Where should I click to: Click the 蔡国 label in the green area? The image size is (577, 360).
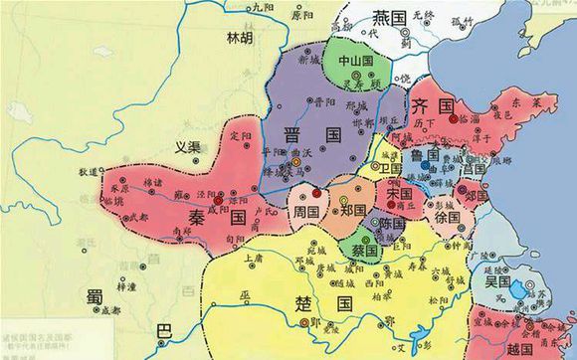click(x=362, y=251)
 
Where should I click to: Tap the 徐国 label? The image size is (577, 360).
click(x=448, y=216)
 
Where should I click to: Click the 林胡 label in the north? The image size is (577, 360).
click(x=241, y=40)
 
